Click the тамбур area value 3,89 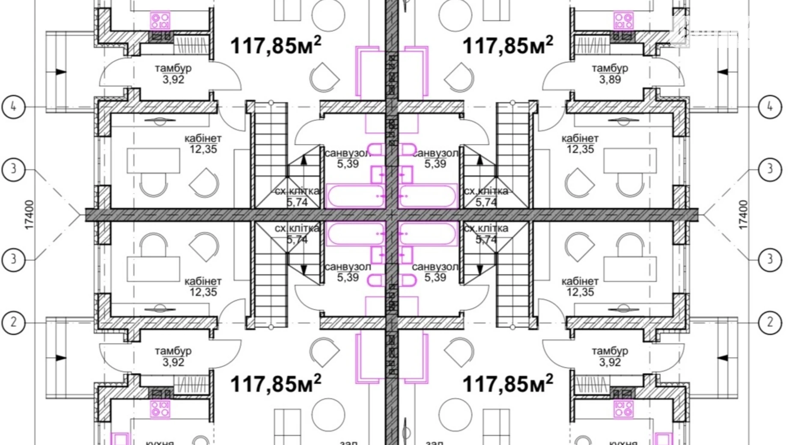610,80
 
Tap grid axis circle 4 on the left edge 13,107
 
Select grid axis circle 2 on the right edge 770,322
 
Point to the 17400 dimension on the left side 29,215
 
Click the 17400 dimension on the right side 743,215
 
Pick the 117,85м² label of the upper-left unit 276,45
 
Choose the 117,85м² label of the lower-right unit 508,383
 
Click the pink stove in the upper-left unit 160,21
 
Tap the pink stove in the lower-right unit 623,409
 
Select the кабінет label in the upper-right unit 580,139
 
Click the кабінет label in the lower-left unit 203,282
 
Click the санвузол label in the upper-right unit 435,153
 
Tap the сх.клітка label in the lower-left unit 297,228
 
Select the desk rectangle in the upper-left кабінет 153,160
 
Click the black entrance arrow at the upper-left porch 61,72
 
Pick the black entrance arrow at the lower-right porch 723,358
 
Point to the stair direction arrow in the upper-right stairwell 480,160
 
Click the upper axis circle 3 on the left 13,169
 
